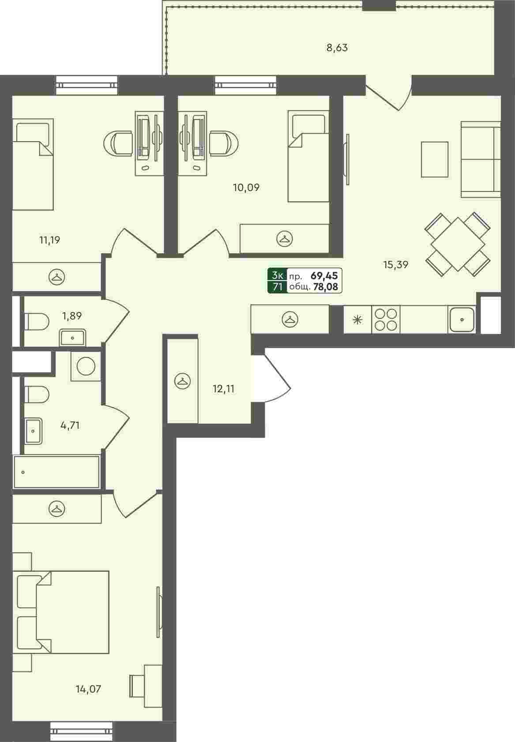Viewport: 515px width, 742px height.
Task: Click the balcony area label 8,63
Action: point(337,48)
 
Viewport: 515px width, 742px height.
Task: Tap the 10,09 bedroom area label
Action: point(246,188)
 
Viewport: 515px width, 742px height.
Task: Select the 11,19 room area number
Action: point(50,240)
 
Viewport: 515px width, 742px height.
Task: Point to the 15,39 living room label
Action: point(396,265)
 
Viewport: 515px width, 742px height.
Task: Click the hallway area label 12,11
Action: point(223,389)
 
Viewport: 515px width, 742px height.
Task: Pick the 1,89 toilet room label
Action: point(72,316)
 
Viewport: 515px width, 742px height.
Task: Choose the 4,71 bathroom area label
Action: point(70,425)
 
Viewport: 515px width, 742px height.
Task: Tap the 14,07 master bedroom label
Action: point(88,690)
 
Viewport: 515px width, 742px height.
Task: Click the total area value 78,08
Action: point(325,287)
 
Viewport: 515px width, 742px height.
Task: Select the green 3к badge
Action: point(277,275)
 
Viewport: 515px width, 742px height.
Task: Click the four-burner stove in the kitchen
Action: point(386,319)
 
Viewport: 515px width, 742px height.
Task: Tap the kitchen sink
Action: point(462,319)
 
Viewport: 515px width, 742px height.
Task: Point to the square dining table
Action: point(458,244)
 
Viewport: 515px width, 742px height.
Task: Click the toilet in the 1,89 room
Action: point(37,322)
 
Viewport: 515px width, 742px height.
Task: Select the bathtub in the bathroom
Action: point(56,472)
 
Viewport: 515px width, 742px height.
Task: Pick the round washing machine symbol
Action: point(86,366)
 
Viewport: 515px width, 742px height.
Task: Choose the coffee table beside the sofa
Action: point(435,160)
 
